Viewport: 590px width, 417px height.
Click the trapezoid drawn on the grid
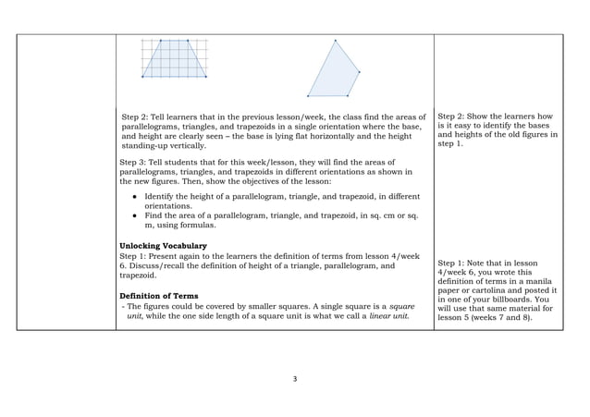(174, 60)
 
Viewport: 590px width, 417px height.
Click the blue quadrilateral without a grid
(333, 74)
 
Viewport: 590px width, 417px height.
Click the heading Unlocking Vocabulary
(163, 245)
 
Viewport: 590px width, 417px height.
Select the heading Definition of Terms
(159, 295)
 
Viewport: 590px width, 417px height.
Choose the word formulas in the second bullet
(200, 224)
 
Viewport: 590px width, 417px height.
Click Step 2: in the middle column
(138, 117)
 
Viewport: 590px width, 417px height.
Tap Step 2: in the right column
(454, 117)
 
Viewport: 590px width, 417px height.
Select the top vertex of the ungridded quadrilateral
(335, 40)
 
